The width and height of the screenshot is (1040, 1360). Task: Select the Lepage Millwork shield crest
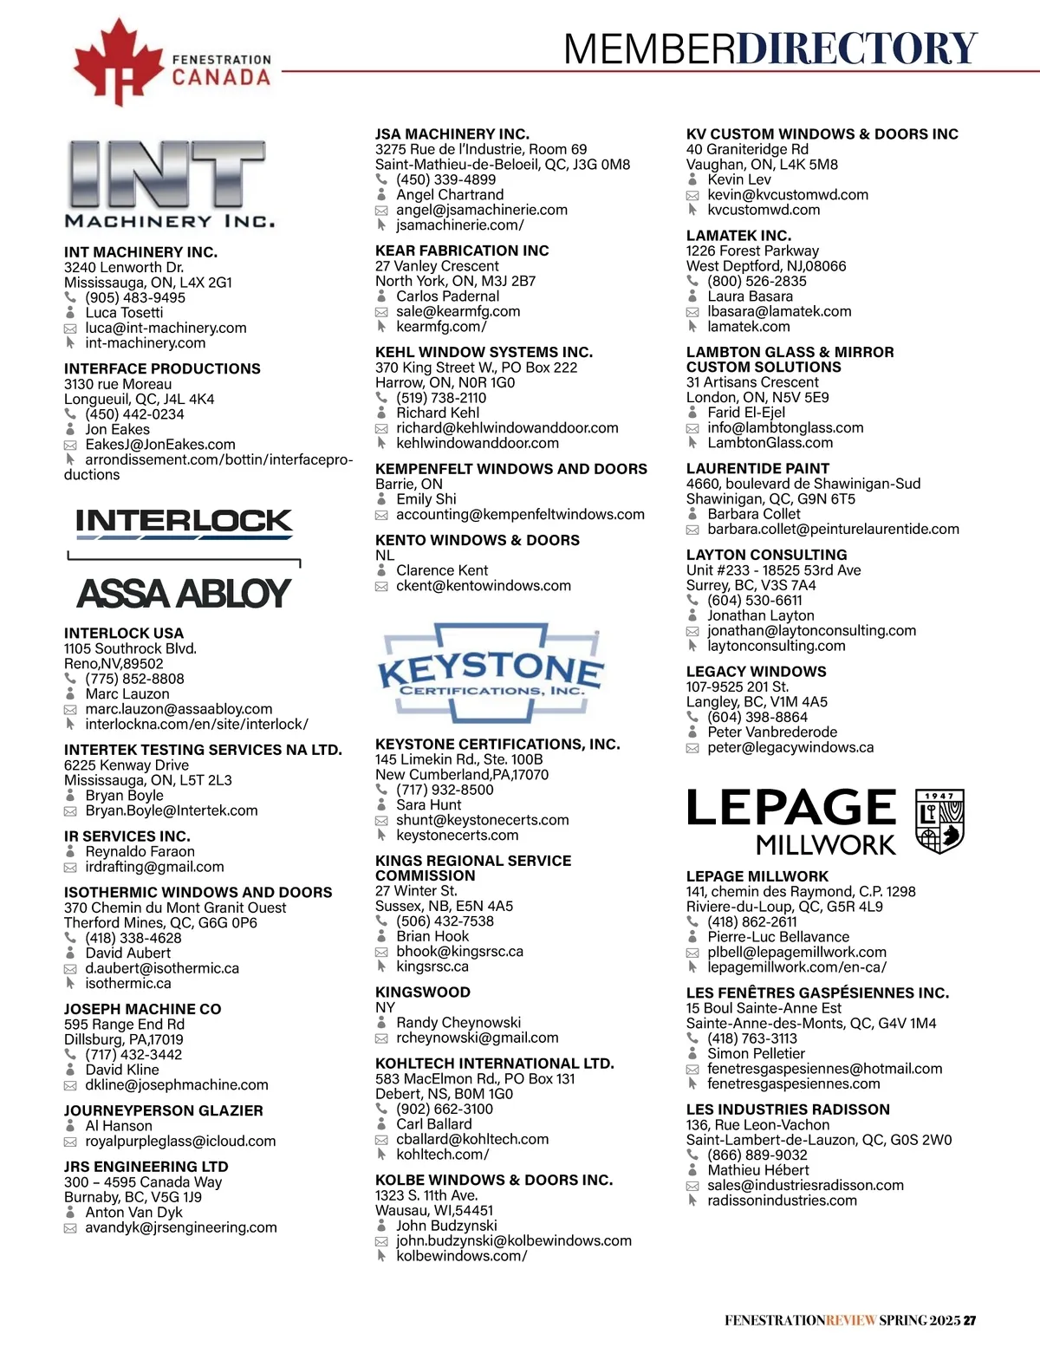tap(940, 821)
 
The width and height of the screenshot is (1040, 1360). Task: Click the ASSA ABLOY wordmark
tap(184, 594)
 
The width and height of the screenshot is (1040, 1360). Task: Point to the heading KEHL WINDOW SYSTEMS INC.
tap(484, 352)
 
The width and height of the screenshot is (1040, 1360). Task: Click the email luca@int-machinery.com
tap(166, 328)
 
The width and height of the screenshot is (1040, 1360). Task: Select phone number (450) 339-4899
tap(445, 179)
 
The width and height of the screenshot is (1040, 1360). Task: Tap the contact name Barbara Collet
tap(753, 513)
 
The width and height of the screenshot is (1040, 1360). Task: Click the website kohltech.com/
tap(442, 1155)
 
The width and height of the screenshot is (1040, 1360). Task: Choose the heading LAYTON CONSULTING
tap(766, 555)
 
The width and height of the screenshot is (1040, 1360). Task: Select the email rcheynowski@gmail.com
tap(477, 1038)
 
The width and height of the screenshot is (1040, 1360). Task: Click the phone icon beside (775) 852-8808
tap(70, 679)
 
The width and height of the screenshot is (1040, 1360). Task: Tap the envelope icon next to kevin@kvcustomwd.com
tap(692, 195)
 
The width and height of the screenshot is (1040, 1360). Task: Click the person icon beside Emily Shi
tap(381, 499)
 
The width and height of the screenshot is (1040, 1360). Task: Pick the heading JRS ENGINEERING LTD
tap(146, 1167)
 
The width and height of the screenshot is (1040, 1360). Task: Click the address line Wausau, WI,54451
tap(433, 1210)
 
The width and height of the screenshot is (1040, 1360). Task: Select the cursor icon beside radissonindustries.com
tap(692, 1201)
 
